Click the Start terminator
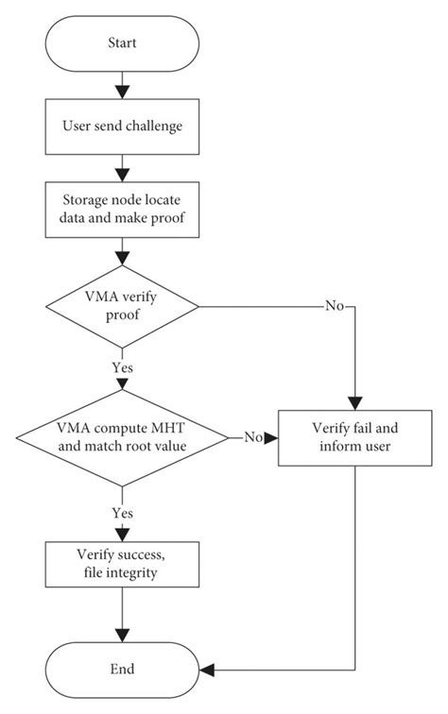(122, 43)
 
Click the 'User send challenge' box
(122, 127)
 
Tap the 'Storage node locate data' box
(122, 210)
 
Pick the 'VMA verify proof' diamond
(122, 306)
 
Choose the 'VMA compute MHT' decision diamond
(122, 438)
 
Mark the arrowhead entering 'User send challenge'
(122, 93)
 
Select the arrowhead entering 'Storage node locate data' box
(122, 176)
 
